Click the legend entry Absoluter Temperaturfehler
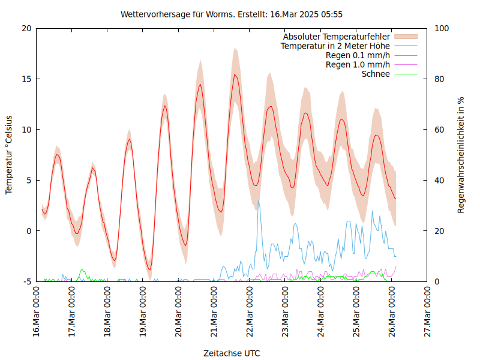point(337,37)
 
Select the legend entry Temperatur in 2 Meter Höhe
point(335,46)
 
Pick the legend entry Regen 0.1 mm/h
point(358,55)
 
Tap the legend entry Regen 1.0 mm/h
point(358,64)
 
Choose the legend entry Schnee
point(376,74)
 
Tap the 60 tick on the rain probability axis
point(439,130)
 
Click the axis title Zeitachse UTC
point(232,353)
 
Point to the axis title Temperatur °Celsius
point(9,155)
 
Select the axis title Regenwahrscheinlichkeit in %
point(461,155)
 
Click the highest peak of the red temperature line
point(235,74)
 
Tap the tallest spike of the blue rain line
point(258,201)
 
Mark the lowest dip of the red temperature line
point(150,269)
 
